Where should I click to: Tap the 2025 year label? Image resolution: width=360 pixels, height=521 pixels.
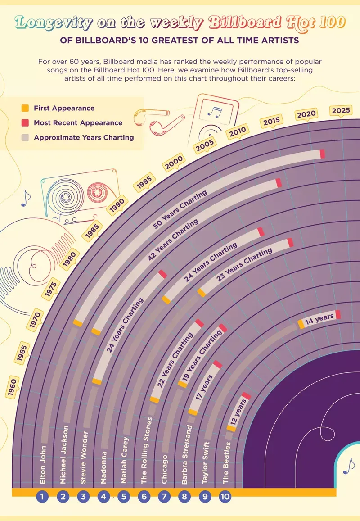click(341, 110)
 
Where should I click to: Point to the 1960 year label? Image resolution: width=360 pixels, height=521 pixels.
click(13, 389)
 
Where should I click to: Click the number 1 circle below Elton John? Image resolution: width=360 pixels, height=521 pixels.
click(42, 497)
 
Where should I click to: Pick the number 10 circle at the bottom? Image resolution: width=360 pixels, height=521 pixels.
click(225, 497)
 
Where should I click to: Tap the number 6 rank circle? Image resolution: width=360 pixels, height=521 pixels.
click(144, 497)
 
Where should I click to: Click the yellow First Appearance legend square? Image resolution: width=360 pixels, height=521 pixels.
click(25, 108)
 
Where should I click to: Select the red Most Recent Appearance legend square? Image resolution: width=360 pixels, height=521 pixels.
click(25, 122)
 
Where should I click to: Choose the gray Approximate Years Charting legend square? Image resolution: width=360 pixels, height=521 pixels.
click(25, 137)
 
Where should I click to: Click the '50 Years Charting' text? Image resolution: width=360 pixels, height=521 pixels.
click(180, 210)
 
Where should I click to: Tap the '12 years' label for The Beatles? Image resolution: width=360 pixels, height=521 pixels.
click(240, 411)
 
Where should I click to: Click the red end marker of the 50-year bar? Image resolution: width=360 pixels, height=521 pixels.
click(322, 154)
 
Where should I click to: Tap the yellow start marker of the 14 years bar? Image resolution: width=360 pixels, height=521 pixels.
click(301, 324)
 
